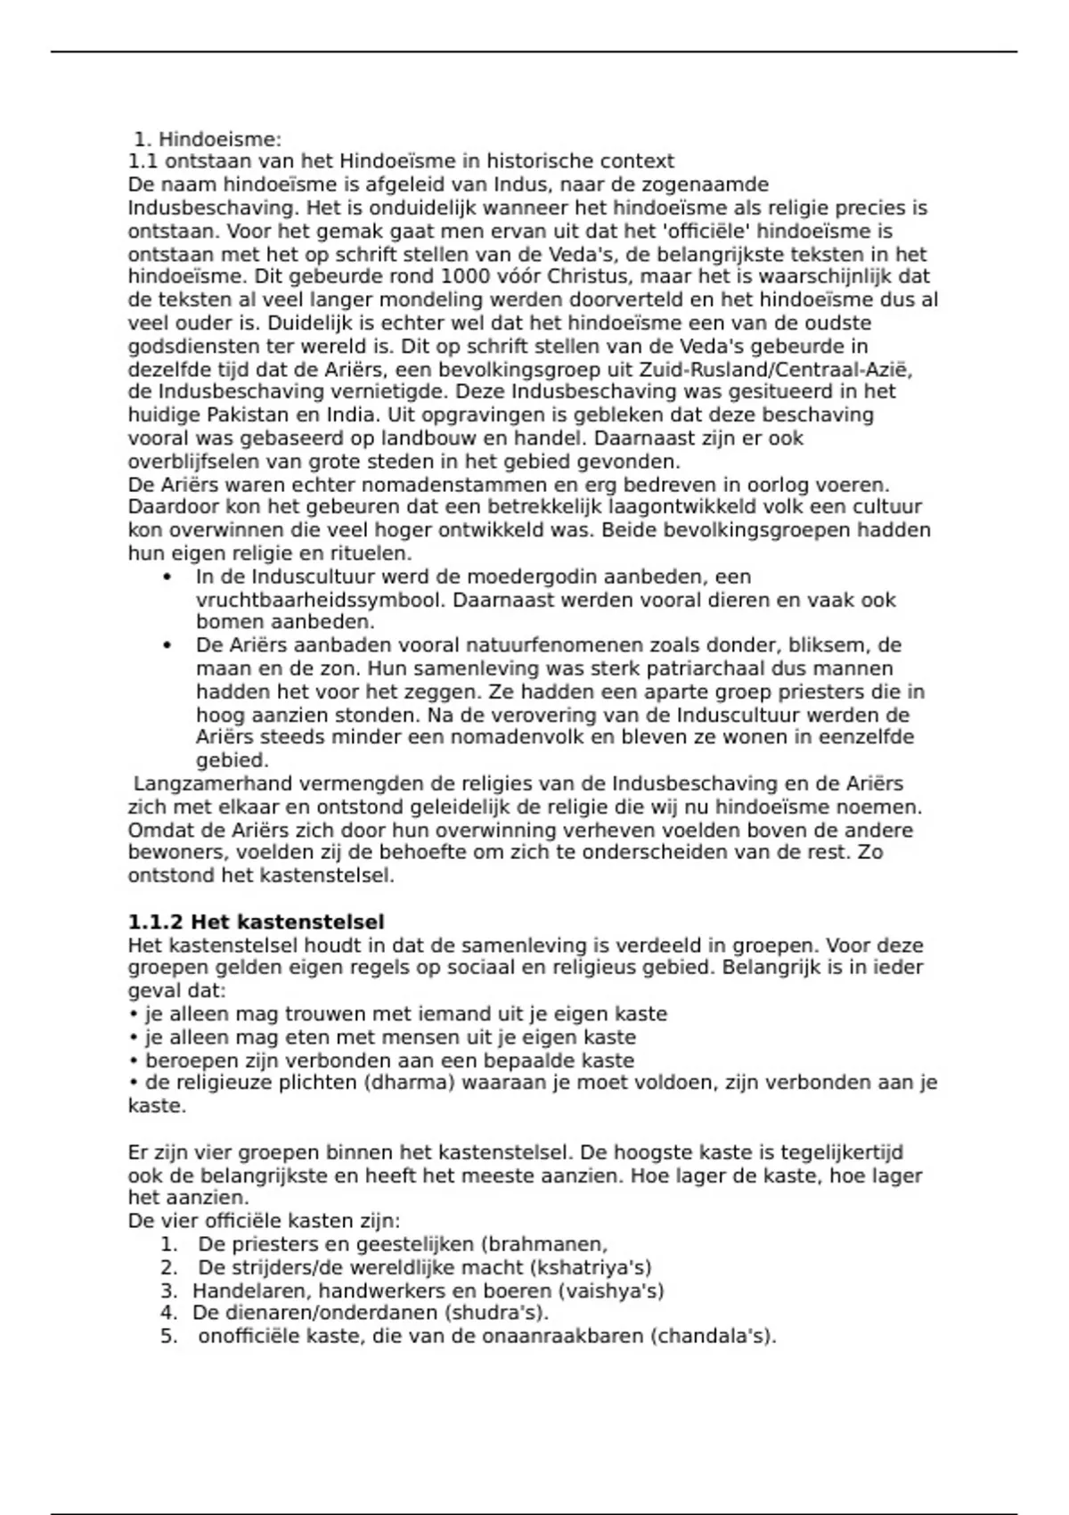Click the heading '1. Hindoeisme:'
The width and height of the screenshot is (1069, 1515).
click(x=208, y=139)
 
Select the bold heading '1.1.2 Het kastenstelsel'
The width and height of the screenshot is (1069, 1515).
click(x=257, y=921)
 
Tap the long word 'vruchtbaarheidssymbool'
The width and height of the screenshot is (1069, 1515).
click(x=320, y=600)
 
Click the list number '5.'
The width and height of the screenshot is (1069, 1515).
click(x=169, y=1337)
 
